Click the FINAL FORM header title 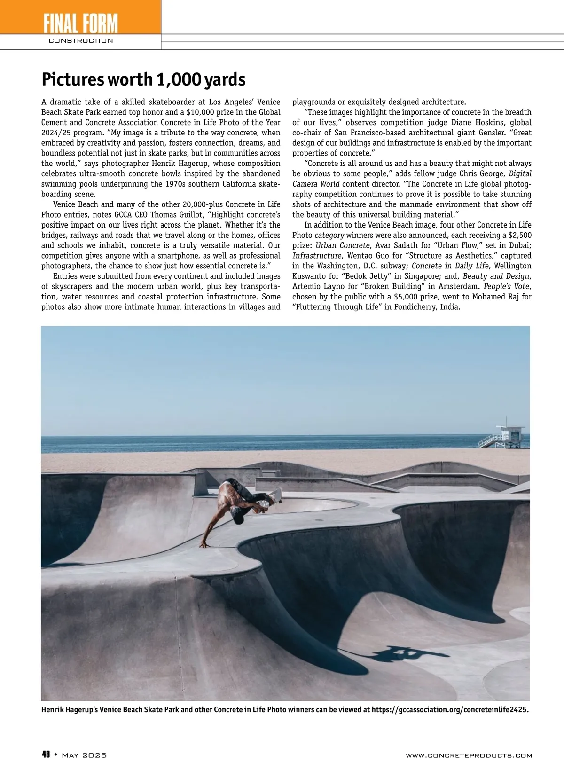80,23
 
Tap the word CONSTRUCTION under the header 81,41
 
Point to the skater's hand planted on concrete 204,544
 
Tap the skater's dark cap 238,519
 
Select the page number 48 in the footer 46,754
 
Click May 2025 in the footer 84,755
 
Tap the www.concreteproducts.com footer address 469,755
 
